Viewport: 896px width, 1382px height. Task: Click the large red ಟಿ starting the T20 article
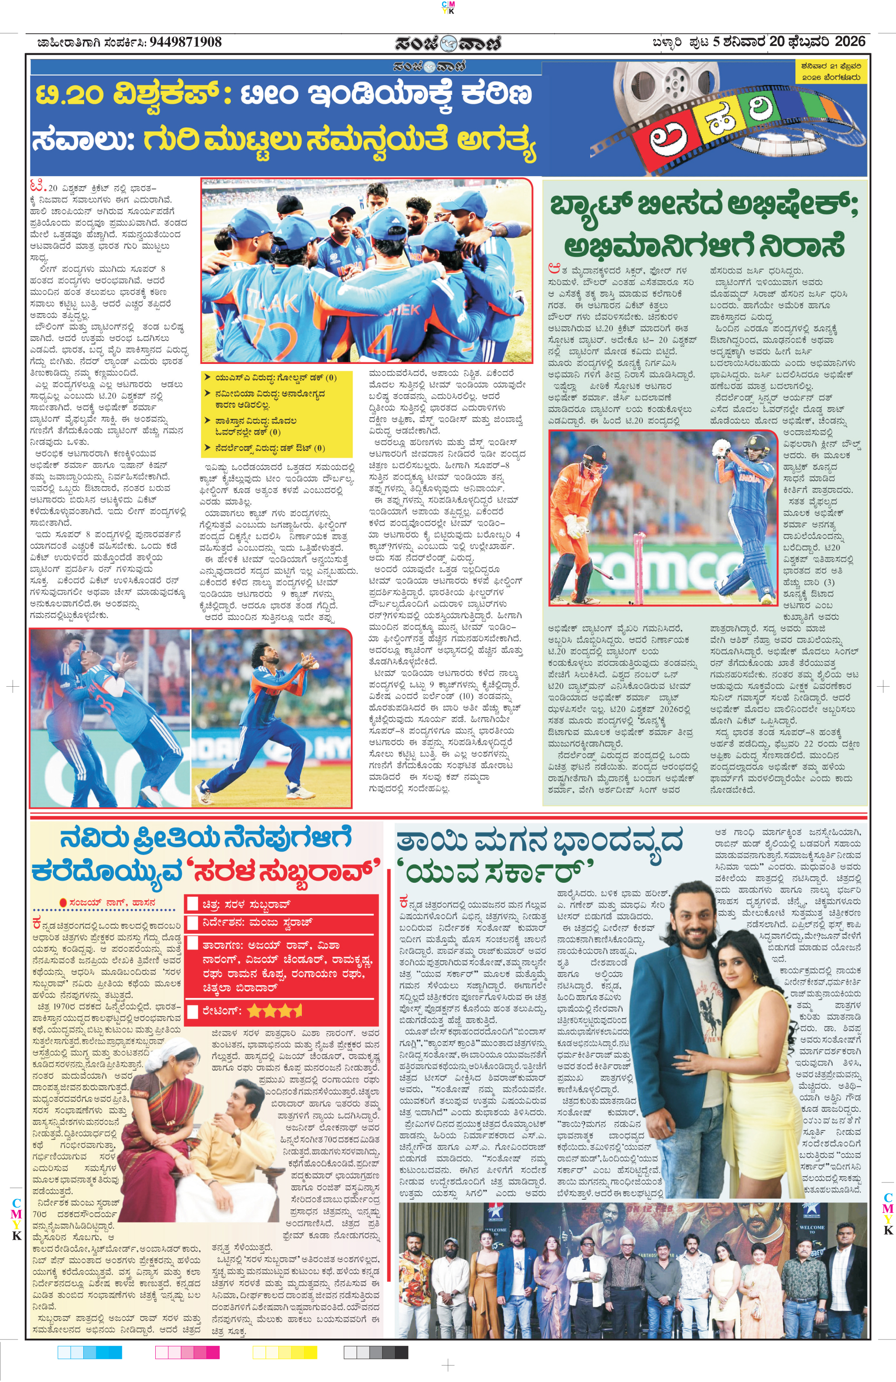(37, 187)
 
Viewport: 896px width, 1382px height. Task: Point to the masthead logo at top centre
(448, 43)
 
